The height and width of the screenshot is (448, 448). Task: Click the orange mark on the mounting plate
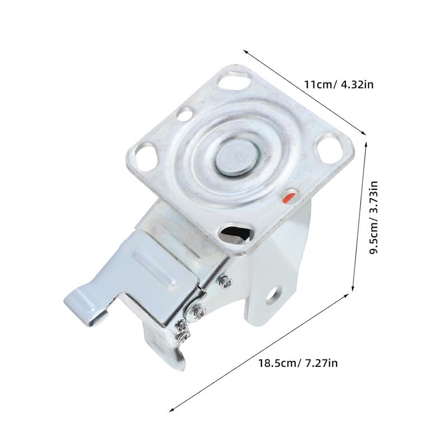pos(289,197)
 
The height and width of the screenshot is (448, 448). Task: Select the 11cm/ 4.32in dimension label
pos(339,85)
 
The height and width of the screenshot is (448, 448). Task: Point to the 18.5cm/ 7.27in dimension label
pos(298,363)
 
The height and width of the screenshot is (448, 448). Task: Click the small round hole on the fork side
pos(273,294)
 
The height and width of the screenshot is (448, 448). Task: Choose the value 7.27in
pos(320,363)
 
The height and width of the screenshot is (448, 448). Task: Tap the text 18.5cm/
pos(278,363)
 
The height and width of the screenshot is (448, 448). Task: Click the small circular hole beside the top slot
pos(184,114)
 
